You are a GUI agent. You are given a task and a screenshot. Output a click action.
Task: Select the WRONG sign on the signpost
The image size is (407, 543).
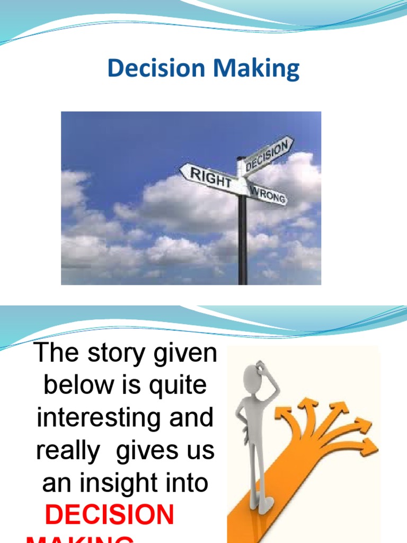tap(269, 195)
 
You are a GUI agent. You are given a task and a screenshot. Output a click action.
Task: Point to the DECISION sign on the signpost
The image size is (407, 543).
tap(268, 153)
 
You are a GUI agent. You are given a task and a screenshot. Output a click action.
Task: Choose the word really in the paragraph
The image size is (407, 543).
tap(68, 451)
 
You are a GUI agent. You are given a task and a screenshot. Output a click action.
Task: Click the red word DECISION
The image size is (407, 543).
tap(110, 514)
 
